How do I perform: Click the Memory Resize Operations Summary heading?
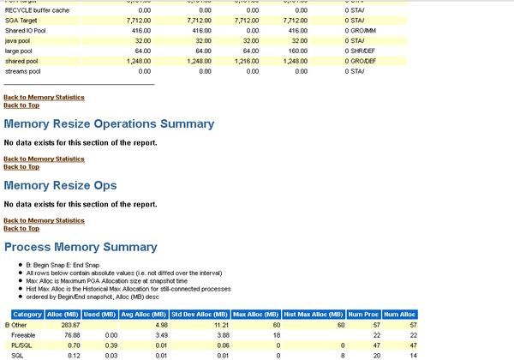pyautogui.click(x=109, y=124)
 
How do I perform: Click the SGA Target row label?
pyautogui.click(x=23, y=20)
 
